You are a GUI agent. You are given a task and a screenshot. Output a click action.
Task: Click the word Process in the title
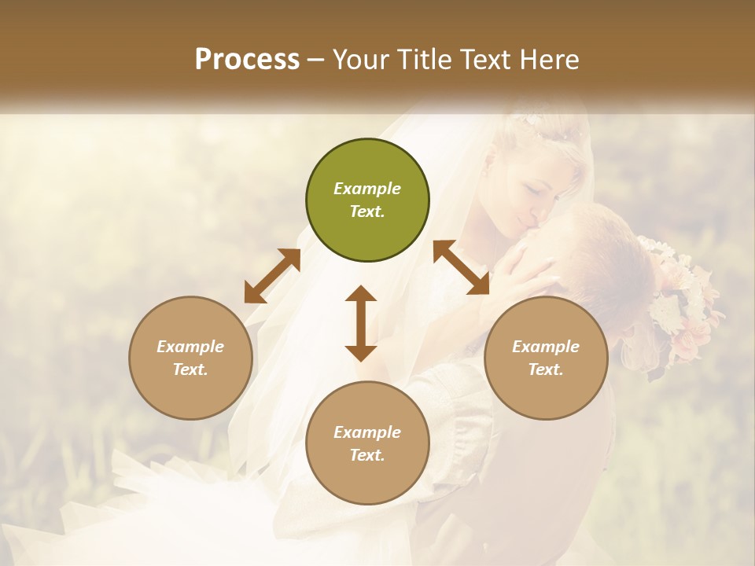247,60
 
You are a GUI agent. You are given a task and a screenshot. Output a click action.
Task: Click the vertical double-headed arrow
361,323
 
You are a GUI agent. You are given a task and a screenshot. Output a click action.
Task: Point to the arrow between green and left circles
272,276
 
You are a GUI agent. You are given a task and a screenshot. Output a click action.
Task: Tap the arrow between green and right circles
461,267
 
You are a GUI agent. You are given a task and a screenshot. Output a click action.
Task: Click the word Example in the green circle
367,189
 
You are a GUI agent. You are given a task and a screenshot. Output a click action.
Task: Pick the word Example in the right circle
546,347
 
